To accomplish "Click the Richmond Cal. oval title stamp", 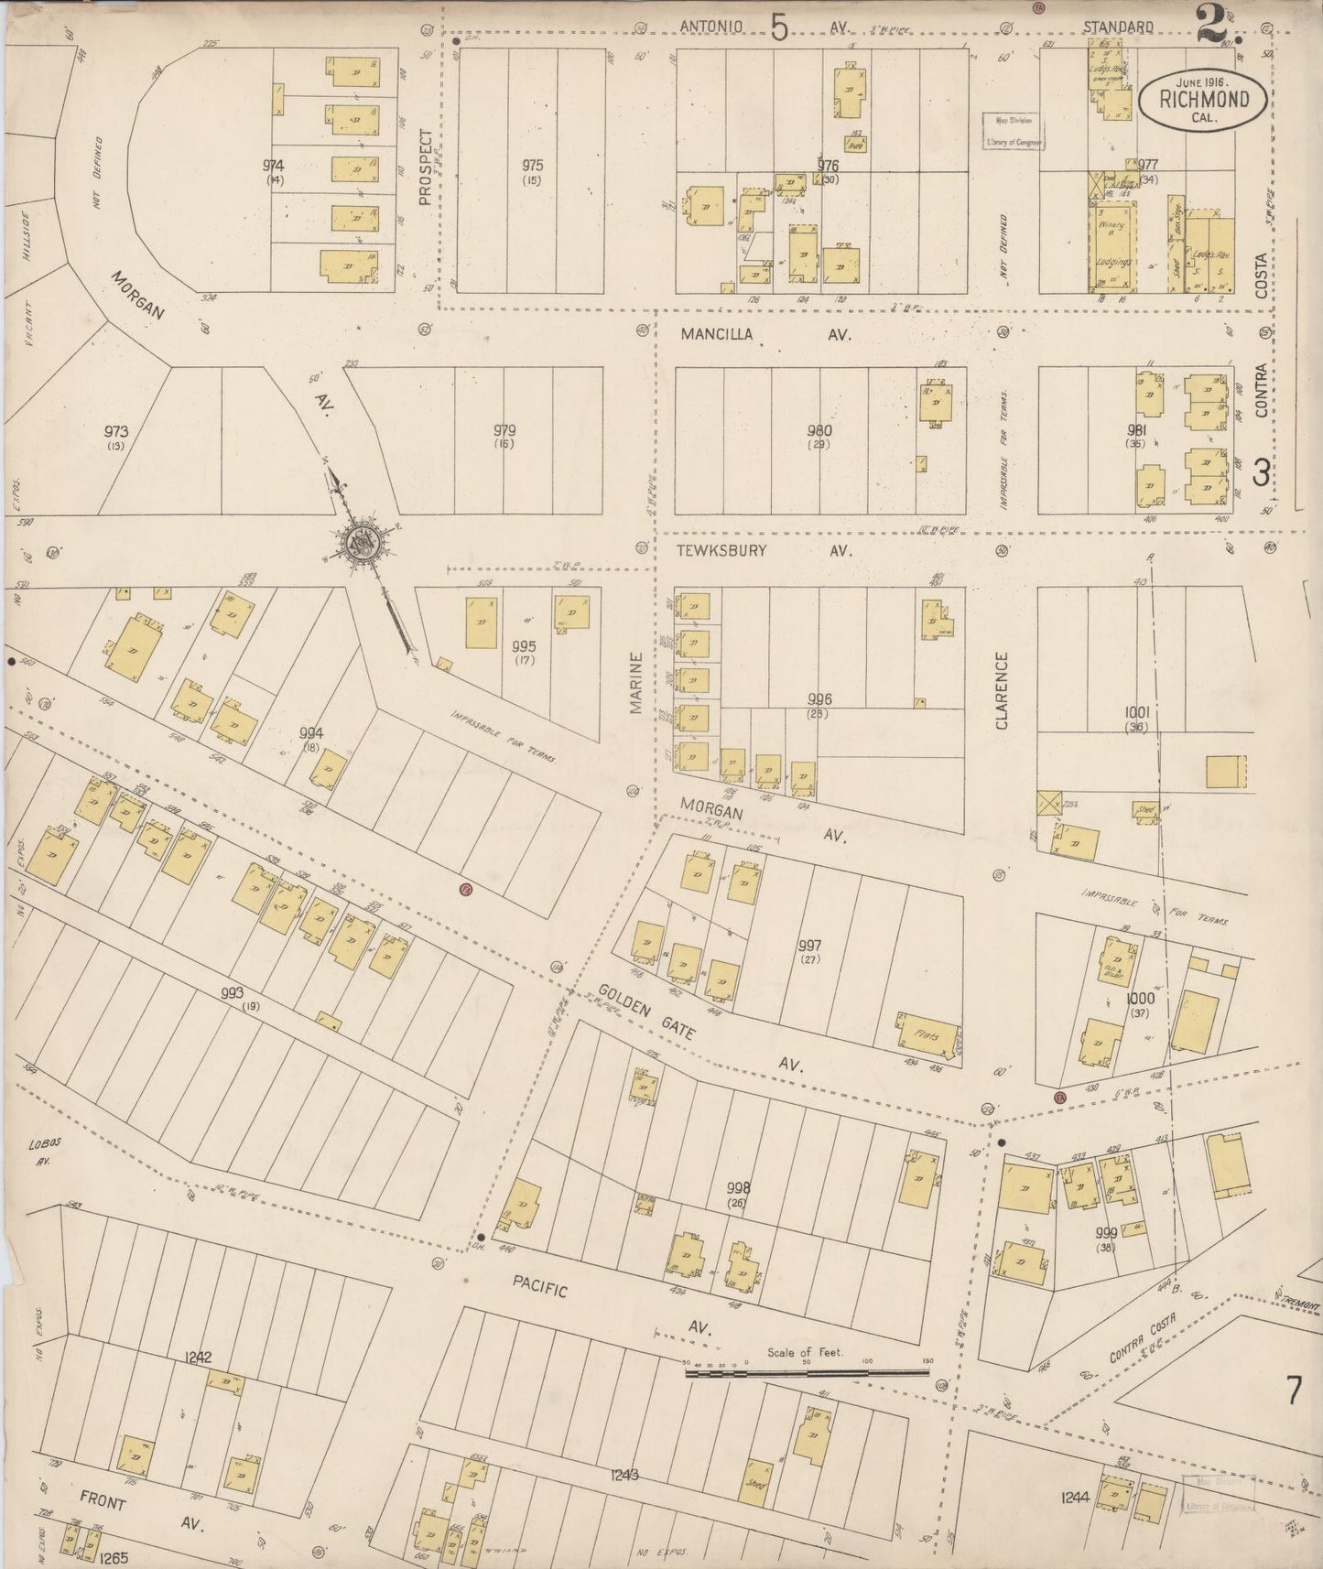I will tap(1203, 95).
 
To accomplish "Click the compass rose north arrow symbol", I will tap(363, 543).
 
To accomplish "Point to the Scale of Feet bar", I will tap(807, 1372).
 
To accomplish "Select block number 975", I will tap(532, 166).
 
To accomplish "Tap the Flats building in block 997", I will tap(928, 1034).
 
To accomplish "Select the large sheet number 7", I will tap(1294, 1392).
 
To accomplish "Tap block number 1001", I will tap(1137, 712).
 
